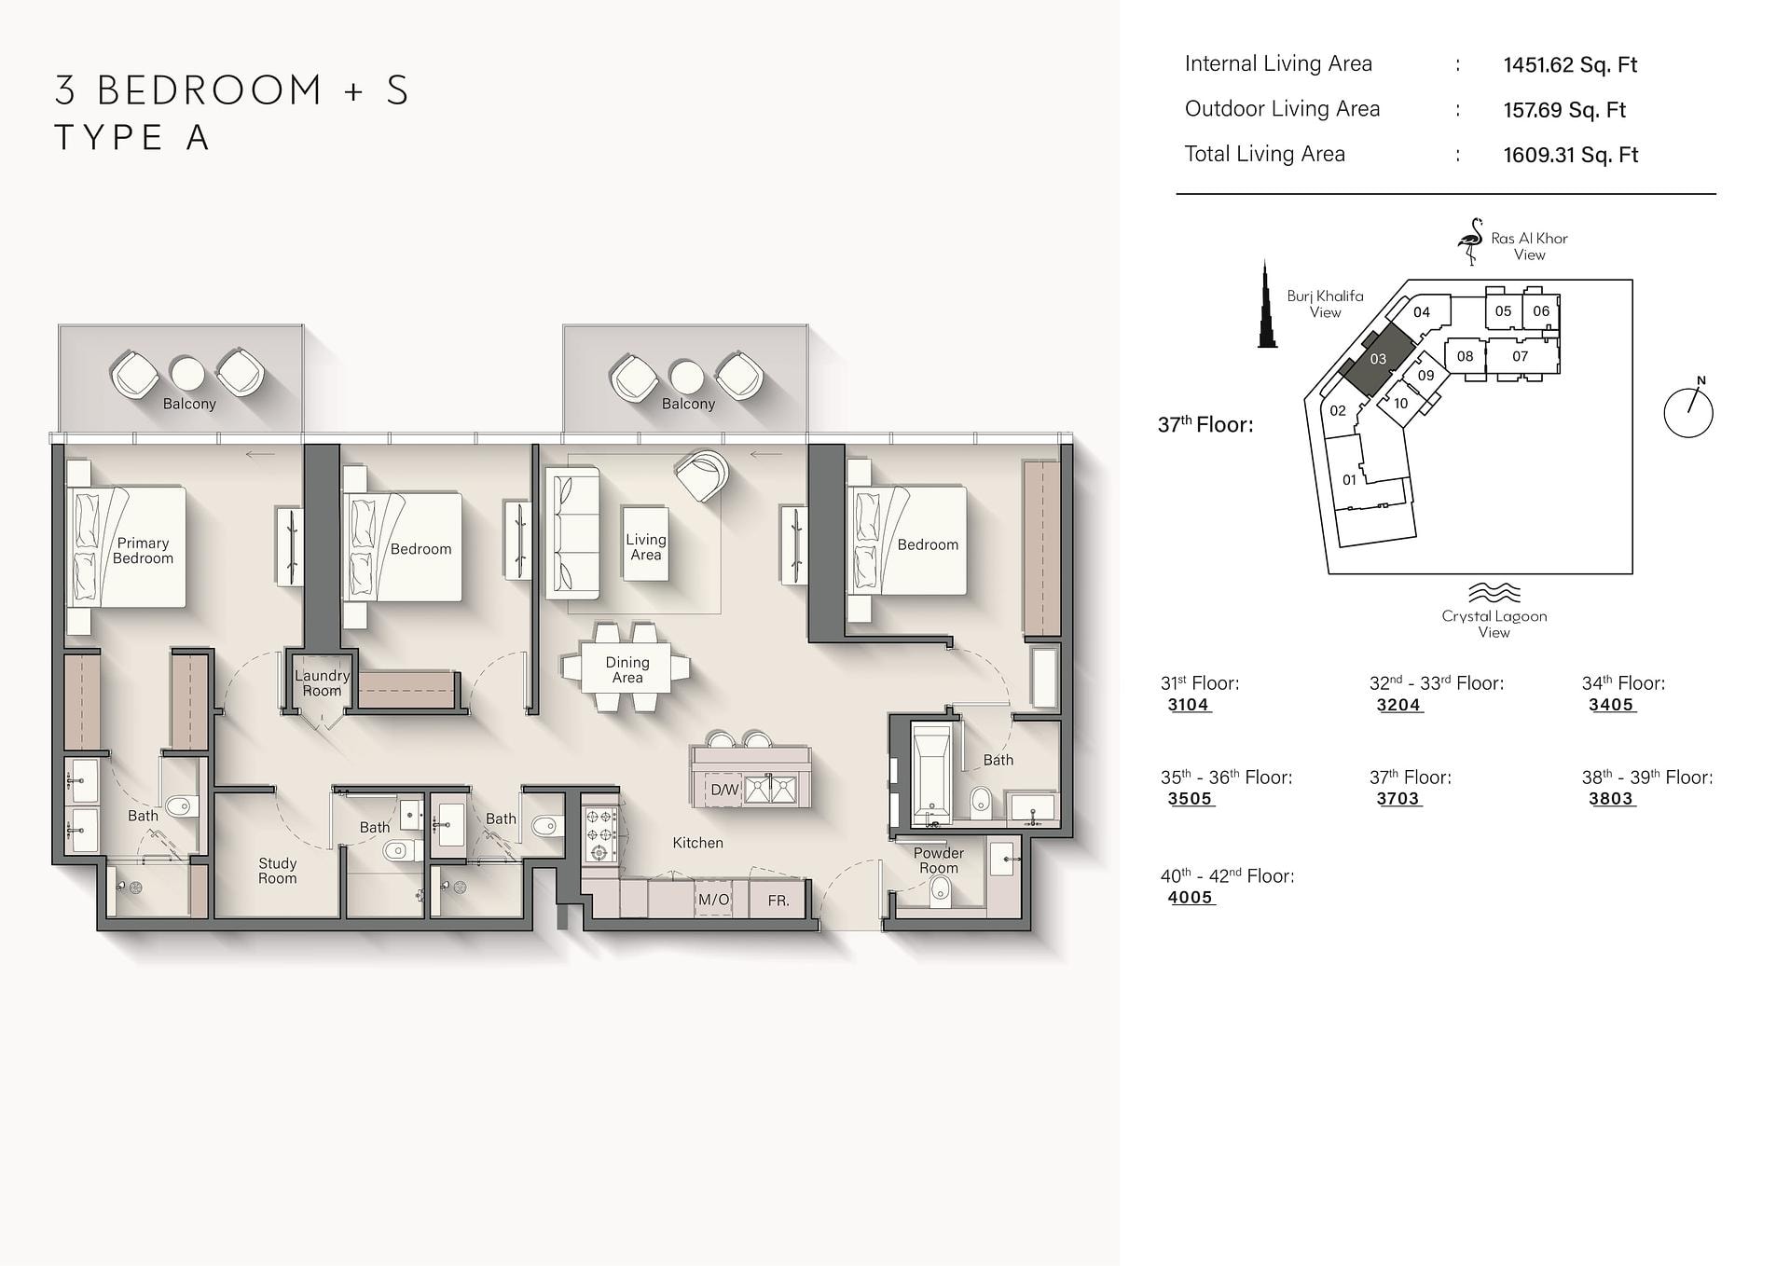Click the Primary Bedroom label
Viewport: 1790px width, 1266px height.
pyautogui.click(x=143, y=551)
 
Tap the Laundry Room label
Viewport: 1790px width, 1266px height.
pyautogui.click(x=322, y=683)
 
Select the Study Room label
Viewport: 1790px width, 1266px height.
pyautogui.click(x=277, y=871)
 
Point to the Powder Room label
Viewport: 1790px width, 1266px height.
pyautogui.click(x=938, y=860)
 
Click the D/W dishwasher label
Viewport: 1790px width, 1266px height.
pyautogui.click(x=724, y=791)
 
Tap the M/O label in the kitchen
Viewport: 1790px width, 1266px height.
pyautogui.click(x=713, y=900)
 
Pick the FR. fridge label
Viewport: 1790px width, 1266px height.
pyautogui.click(x=778, y=901)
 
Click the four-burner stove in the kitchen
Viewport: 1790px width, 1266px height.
pyautogui.click(x=600, y=833)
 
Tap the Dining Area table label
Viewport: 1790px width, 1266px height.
pyautogui.click(x=627, y=669)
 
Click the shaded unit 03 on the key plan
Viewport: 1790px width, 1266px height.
pyautogui.click(x=1378, y=359)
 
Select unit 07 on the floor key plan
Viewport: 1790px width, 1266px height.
pyautogui.click(x=1520, y=356)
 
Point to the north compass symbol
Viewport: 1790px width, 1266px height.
pyautogui.click(x=1688, y=410)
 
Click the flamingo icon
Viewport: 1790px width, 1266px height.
pyautogui.click(x=1471, y=241)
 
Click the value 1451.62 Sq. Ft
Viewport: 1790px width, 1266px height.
pyautogui.click(x=1570, y=64)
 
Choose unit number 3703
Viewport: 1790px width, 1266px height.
pyautogui.click(x=1398, y=799)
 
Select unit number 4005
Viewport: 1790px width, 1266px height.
pyautogui.click(x=1190, y=898)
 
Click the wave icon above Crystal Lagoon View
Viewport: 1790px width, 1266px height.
pyautogui.click(x=1494, y=593)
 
